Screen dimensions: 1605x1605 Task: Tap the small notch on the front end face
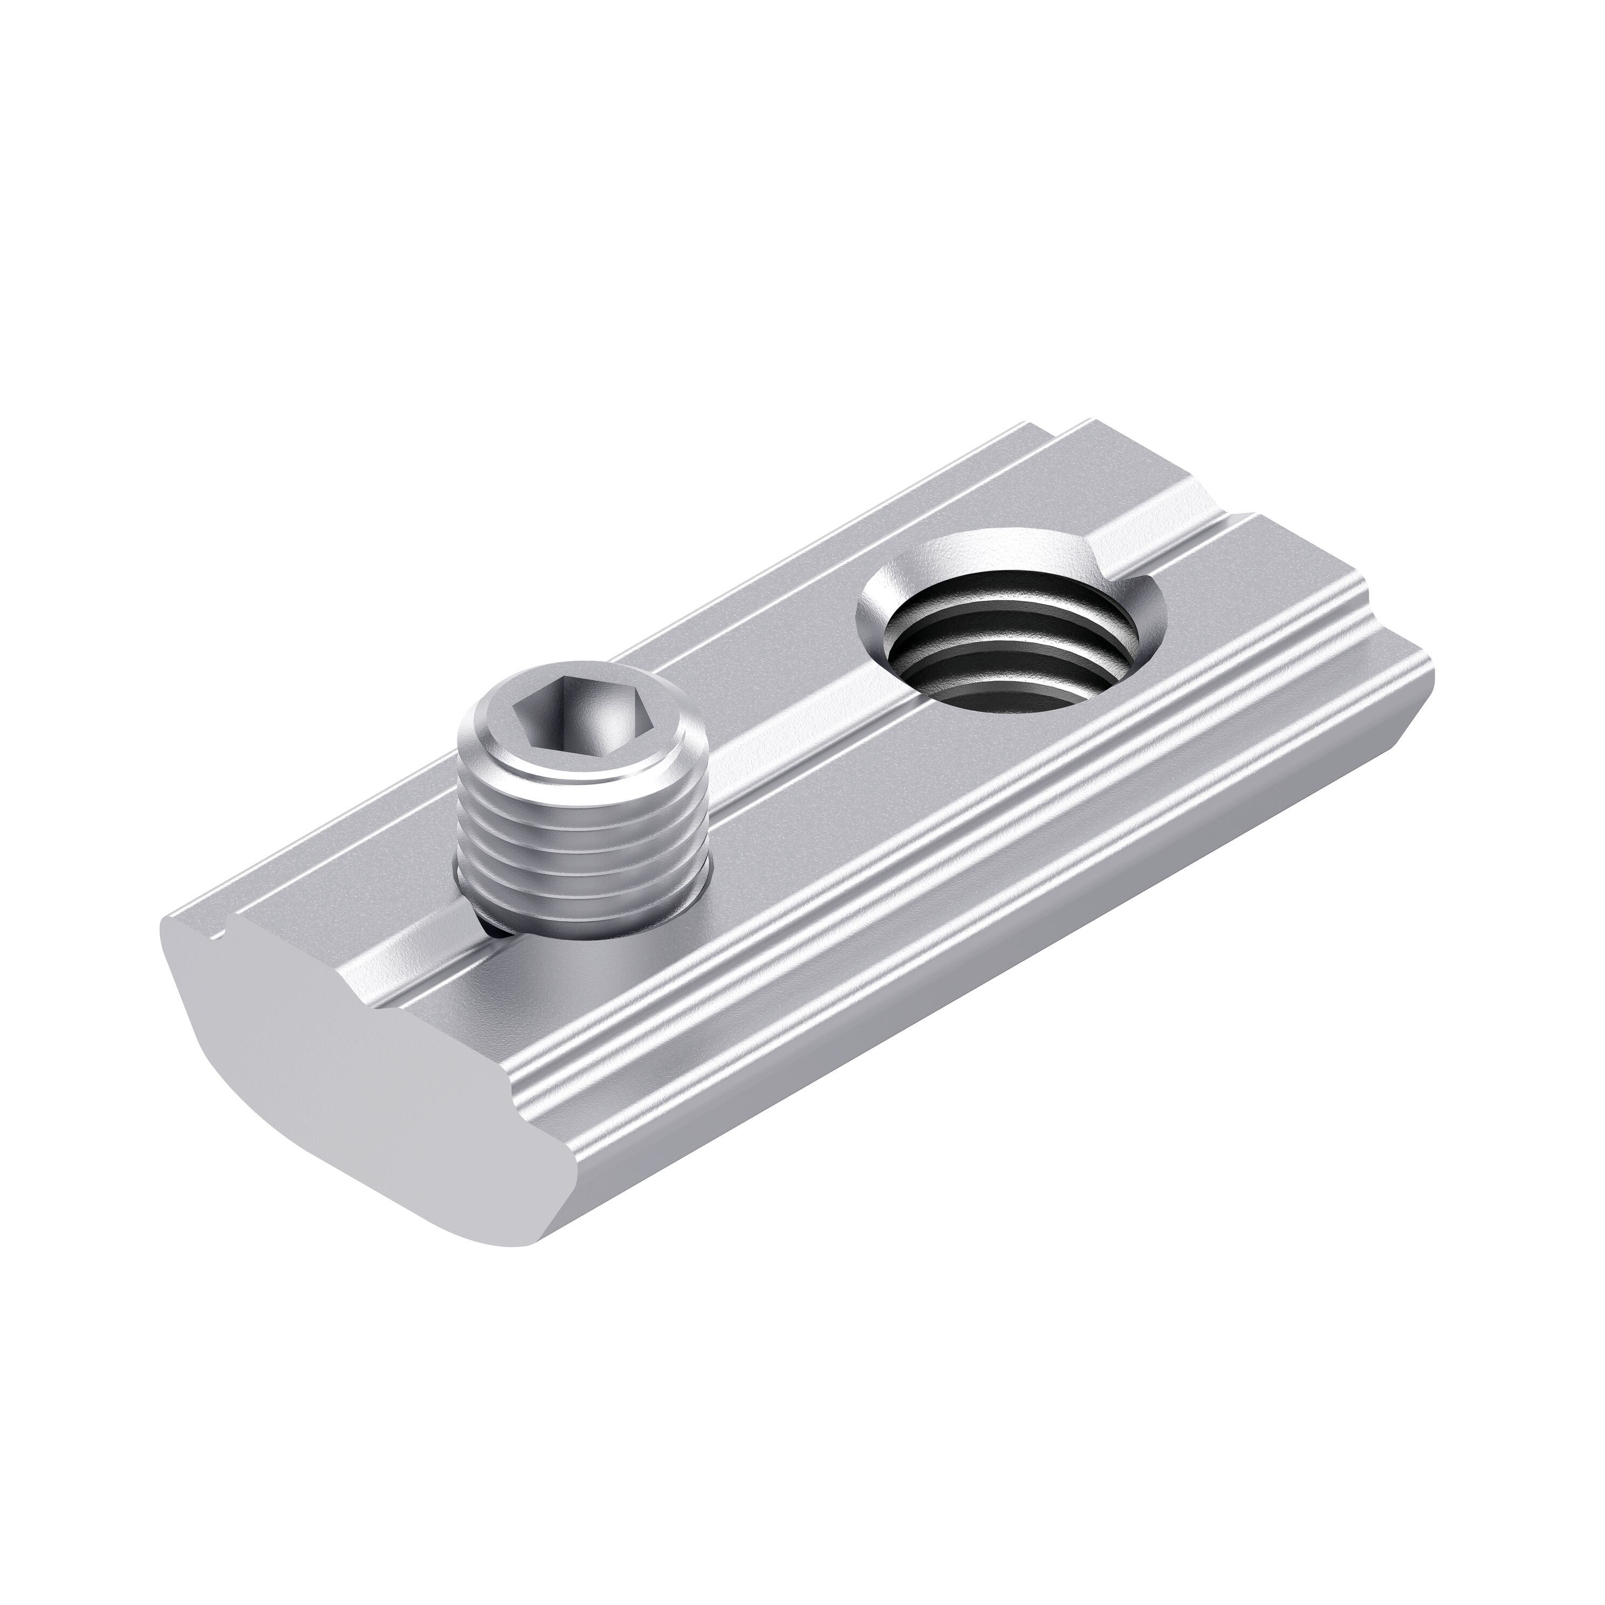coord(218,939)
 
